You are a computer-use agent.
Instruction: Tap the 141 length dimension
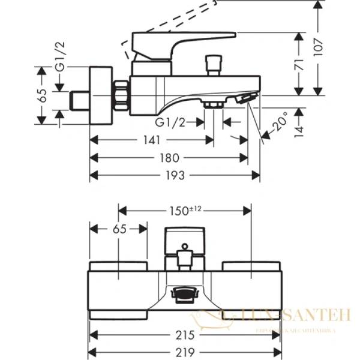click(x=151, y=140)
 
